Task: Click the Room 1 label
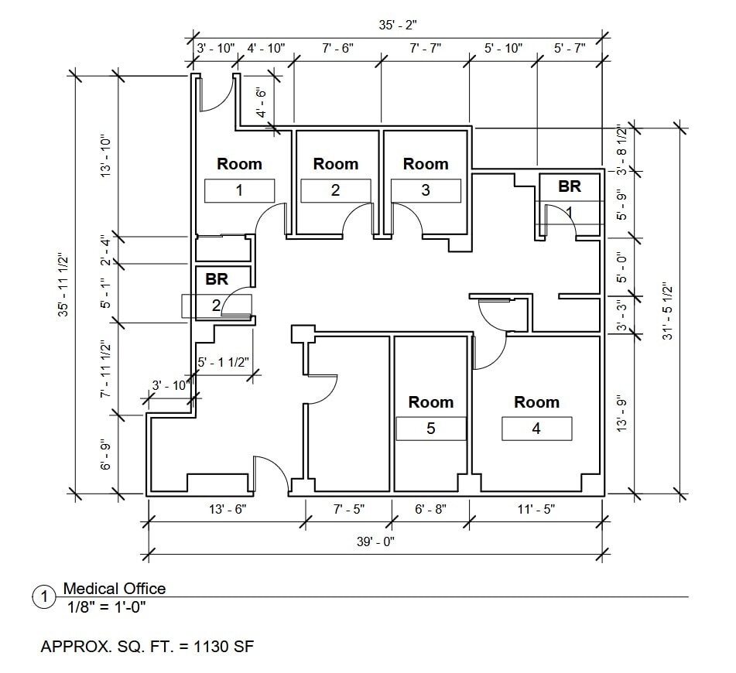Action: pyautogui.click(x=239, y=164)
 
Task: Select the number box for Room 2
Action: pyautogui.click(x=335, y=190)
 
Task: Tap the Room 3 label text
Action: pyautogui.click(x=426, y=164)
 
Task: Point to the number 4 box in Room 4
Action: pyautogui.click(x=536, y=429)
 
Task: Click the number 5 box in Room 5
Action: pyautogui.click(x=431, y=429)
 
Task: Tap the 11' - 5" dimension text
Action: pyautogui.click(x=535, y=509)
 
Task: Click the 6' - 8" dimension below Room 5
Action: pyautogui.click(x=430, y=509)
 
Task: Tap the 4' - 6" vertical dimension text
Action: pyautogui.click(x=262, y=102)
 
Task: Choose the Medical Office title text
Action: pyautogui.click(x=114, y=589)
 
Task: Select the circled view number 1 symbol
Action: pyautogui.click(x=45, y=597)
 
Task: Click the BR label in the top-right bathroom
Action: pyautogui.click(x=570, y=186)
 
